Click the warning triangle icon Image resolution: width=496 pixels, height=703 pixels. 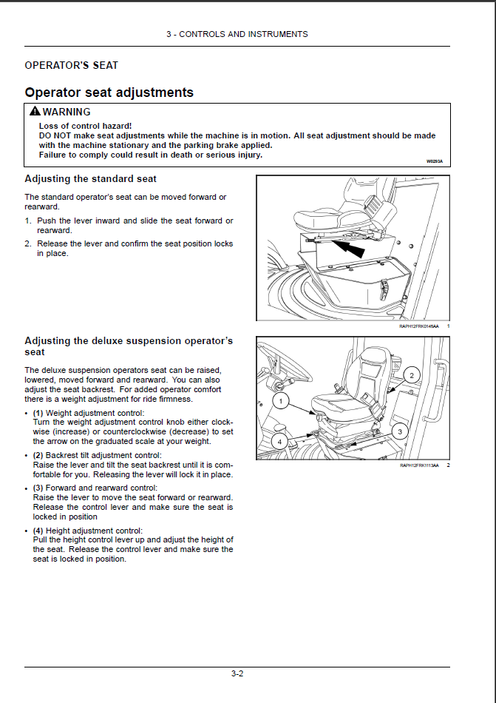pos(35,112)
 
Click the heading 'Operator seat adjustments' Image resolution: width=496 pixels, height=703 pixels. pos(109,92)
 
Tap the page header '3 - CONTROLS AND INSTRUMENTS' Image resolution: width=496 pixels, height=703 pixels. pos(237,34)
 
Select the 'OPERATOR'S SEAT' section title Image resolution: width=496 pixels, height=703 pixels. pos(71,66)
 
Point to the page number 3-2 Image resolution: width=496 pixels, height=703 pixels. pos(237,673)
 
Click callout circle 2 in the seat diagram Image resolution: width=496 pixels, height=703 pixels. pos(413,375)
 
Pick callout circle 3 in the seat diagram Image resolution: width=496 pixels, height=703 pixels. pos(400,431)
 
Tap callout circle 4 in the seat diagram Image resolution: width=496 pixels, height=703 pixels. pos(279,441)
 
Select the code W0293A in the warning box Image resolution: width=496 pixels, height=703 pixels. pos(435,161)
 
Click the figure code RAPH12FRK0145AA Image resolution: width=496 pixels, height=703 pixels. pos(419,326)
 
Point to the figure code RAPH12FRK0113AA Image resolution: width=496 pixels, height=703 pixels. pos(419,465)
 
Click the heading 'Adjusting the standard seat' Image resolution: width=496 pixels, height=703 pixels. pos(90,179)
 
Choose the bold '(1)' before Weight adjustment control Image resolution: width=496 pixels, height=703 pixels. pos(38,413)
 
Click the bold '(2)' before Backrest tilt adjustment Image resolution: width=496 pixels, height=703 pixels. pos(38,455)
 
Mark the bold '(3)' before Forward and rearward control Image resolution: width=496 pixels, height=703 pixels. pos(38,488)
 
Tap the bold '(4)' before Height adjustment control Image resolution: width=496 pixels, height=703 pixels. pos(38,531)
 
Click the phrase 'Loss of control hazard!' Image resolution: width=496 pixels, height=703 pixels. pos(86,127)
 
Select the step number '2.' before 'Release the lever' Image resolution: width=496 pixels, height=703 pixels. pos(28,243)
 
